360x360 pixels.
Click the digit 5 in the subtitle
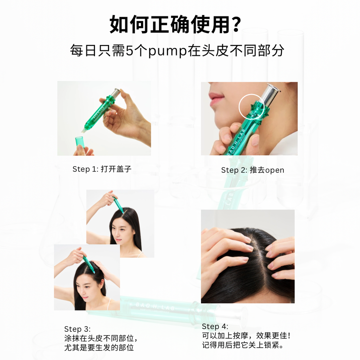point(129,51)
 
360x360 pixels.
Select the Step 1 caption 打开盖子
point(116,169)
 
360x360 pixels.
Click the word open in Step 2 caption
point(275,171)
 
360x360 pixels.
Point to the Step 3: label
point(77,329)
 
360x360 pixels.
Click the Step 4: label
point(215,326)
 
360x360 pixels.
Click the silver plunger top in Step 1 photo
point(115,92)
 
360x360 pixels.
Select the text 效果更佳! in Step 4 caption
point(273,336)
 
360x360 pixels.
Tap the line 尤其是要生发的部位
point(99,348)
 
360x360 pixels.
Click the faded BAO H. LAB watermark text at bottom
point(155,306)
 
